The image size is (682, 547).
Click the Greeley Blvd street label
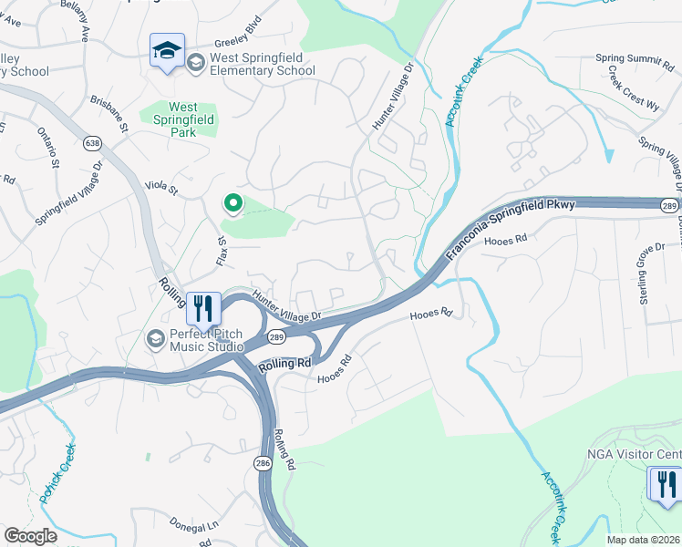pyautogui.click(x=237, y=43)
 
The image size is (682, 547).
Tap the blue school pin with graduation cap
pyautogui.click(x=168, y=51)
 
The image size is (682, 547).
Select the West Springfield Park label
pyautogui.click(x=170, y=119)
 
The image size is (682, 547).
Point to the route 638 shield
pyautogui.click(x=92, y=143)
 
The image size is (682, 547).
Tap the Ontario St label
pyautogui.click(x=48, y=149)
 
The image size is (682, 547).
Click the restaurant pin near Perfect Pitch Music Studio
pyautogui.click(x=202, y=307)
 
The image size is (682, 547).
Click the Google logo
pyautogui.click(x=30, y=536)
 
